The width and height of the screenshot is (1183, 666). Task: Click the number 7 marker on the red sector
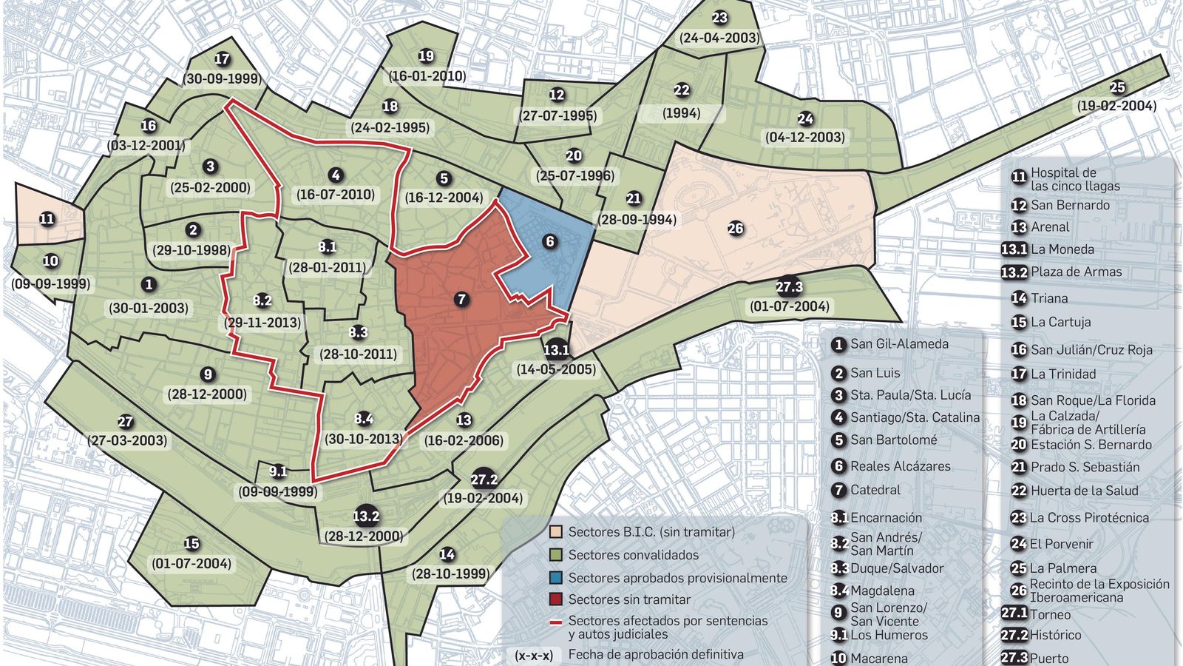(462, 299)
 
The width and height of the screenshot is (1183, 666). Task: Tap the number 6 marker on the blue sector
(549, 241)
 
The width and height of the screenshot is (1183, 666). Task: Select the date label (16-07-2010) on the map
(336, 195)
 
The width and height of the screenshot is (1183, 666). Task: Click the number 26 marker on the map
(735, 229)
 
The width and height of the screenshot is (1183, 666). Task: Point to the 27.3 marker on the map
(789, 287)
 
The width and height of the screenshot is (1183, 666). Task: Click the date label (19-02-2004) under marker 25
(1116, 106)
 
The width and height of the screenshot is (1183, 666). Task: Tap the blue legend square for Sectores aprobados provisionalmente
(556, 578)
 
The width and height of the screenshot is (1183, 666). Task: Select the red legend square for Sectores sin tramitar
(556, 599)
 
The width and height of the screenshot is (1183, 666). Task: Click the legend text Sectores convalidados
(633, 555)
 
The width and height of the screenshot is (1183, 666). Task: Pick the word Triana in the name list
(1049, 298)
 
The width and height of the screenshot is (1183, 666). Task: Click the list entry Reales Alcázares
(900, 466)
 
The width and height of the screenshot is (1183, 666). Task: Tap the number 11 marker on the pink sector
(47, 219)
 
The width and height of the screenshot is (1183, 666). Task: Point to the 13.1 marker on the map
(556, 350)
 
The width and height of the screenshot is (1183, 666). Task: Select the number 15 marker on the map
(191, 544)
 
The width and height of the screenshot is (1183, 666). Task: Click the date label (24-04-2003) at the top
(719, 38)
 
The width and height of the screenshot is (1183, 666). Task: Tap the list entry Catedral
(875, 490)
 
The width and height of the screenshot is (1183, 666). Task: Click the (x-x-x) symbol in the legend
(534, 655)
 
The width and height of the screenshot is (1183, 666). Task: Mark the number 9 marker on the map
(207, 374)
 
